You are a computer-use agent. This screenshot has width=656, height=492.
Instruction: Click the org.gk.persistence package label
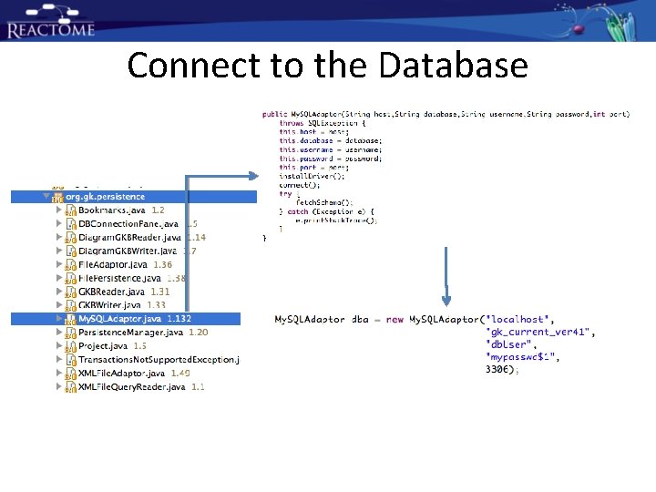point(105,196)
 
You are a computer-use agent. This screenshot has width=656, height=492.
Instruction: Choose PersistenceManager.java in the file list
point(130,333)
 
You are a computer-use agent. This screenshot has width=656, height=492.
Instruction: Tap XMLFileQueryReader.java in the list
point(131,387)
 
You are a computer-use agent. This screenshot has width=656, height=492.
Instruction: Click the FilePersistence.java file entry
point(119,278)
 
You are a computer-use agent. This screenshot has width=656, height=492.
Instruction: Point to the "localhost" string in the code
point(519,320)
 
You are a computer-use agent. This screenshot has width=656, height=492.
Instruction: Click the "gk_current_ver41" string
point(542,333)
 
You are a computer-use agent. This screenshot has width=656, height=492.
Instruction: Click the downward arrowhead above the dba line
point(446,299)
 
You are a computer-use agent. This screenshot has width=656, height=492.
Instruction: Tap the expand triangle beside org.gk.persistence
point(45,196)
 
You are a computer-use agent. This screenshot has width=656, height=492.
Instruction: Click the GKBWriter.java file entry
point(109,305)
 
